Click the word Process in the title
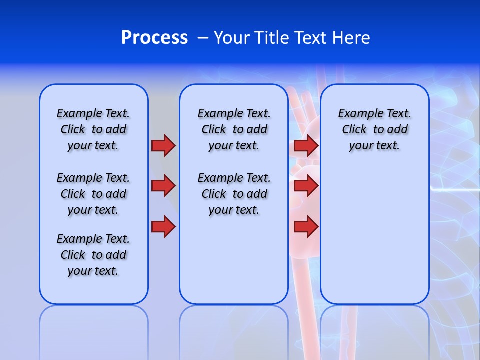(x=154, y=38)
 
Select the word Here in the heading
(x=352, y=38)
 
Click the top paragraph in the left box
(x=93, y=129)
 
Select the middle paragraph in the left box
(x=93, y=194)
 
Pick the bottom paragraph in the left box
(x=93, y=255)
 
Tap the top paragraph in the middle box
(x=234, y=129)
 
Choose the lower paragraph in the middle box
(x=234, y=194)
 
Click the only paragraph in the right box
(x=374, y=129)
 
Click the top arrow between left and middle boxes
(x=163, y=146)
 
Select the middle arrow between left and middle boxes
(x=163, y=186)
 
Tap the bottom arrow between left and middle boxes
(x=163, y=226)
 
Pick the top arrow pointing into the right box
(x=306, y=146)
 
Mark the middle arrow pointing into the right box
(x=306, y=186)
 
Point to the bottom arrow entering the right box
(x=306, y=226)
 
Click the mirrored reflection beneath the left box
(x=93, y=330)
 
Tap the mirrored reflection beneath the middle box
(x=234, y=330)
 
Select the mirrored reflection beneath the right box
(x=374, y=330)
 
